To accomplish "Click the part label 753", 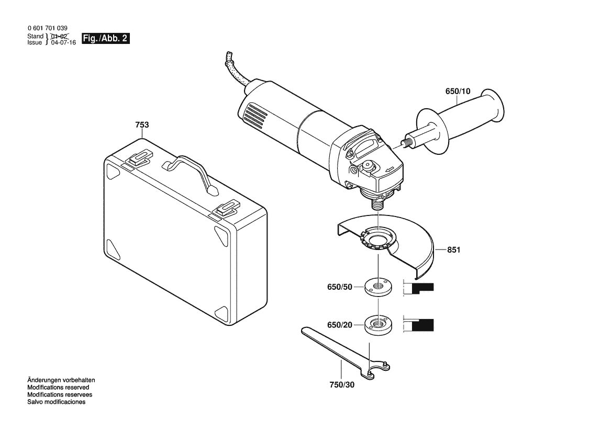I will tap(142, 125).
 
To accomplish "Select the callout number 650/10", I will tap(458, 91).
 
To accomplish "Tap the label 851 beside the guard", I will tap(453, 251).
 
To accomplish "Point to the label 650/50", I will tap(339, 288).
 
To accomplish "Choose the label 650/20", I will tap(339, 325).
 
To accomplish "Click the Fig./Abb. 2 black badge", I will tap(105, 39).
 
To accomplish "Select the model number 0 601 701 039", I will tap(47, 28).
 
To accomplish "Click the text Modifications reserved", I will tap(58, 387).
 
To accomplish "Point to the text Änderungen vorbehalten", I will tap(61, 380).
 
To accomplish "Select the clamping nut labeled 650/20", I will tap(377, 325).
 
